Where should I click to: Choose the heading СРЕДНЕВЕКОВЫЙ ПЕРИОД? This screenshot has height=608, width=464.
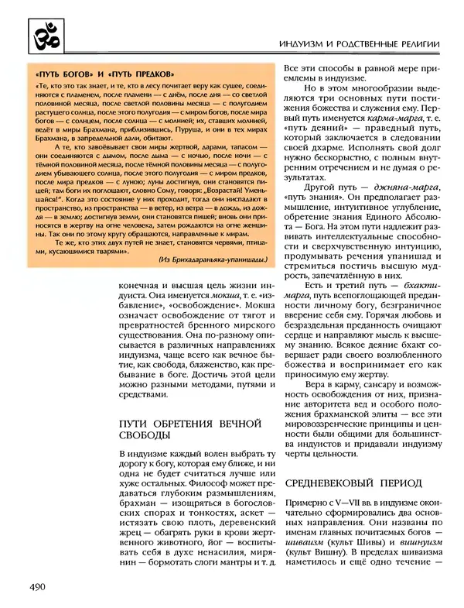pos(353,483)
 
